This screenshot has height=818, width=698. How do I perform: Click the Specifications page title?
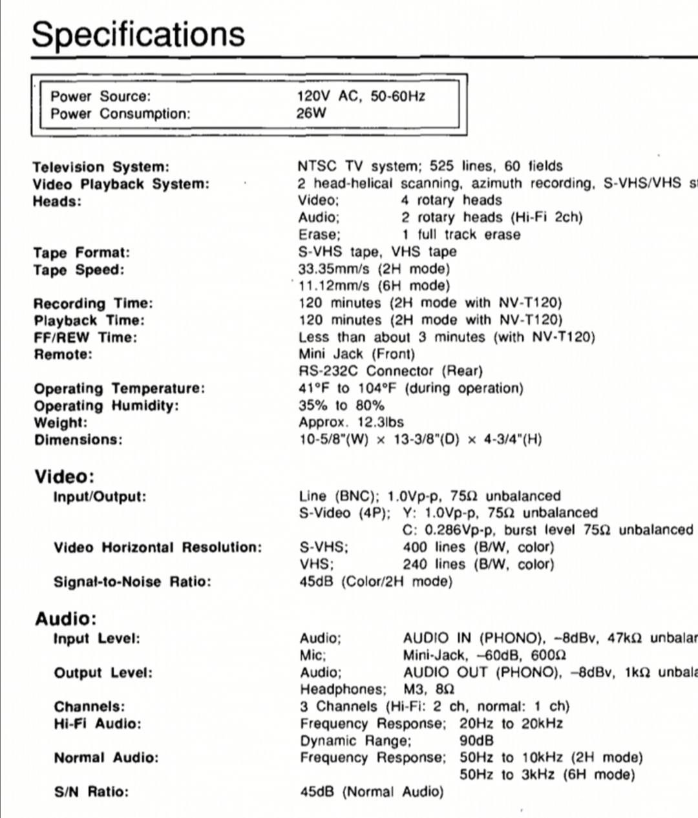point(138,34)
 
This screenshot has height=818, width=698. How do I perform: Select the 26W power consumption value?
point(312,114)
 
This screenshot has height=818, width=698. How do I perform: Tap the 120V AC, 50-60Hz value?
point(361,96)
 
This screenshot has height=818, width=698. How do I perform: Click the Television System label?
point(101,167)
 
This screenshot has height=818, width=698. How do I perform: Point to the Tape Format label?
point(81,253)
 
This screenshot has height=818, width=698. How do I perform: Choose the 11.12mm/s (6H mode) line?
point(374,286)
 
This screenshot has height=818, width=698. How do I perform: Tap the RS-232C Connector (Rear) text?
point(390,371)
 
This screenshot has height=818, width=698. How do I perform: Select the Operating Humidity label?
point(106,406)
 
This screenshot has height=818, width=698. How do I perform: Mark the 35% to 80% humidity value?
point(341,406)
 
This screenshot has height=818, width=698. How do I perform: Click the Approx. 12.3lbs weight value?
point(351,423)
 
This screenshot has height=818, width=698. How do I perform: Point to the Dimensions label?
point(78,440)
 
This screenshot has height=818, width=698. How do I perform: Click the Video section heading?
point(64,477)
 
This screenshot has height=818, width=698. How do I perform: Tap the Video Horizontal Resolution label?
point(158,548)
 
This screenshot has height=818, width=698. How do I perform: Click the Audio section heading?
point(65,619)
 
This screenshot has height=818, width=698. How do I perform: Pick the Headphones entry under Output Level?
point(343,689)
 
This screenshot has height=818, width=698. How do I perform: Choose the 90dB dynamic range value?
point(476,740)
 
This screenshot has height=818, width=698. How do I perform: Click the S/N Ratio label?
point(91,792)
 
